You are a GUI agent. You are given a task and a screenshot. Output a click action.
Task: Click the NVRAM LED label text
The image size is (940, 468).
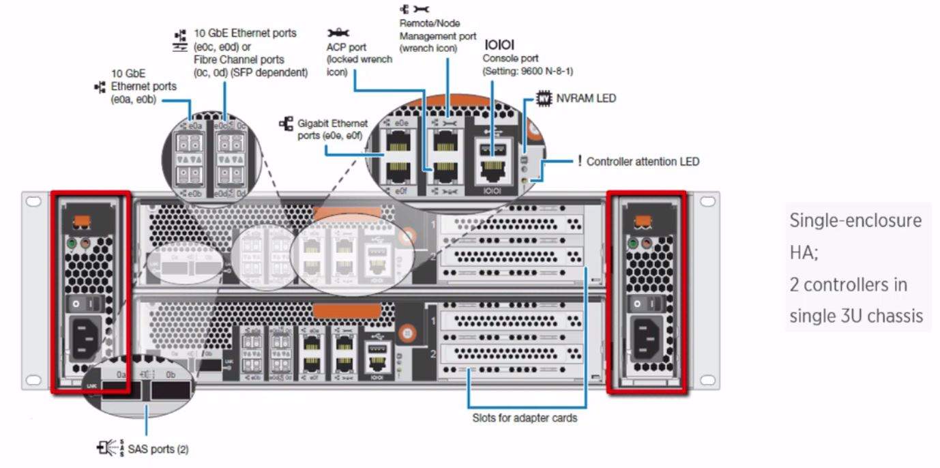click(585, 98)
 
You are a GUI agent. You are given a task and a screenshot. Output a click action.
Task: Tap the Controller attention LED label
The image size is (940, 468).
click(642, 162)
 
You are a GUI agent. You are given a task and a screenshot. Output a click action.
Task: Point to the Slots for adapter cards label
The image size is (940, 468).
click(525, 418)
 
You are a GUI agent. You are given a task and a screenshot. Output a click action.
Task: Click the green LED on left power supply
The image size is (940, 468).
click(71, 242)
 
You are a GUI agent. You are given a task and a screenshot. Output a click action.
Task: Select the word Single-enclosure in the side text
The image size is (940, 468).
click(855, 220)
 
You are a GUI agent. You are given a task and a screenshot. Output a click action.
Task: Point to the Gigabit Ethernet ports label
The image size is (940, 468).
click(333, 130)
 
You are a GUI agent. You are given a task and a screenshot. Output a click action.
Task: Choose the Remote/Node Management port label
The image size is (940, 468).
click(438, 35)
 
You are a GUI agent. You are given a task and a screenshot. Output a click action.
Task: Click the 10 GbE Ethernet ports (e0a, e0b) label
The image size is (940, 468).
click(143, 87)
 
